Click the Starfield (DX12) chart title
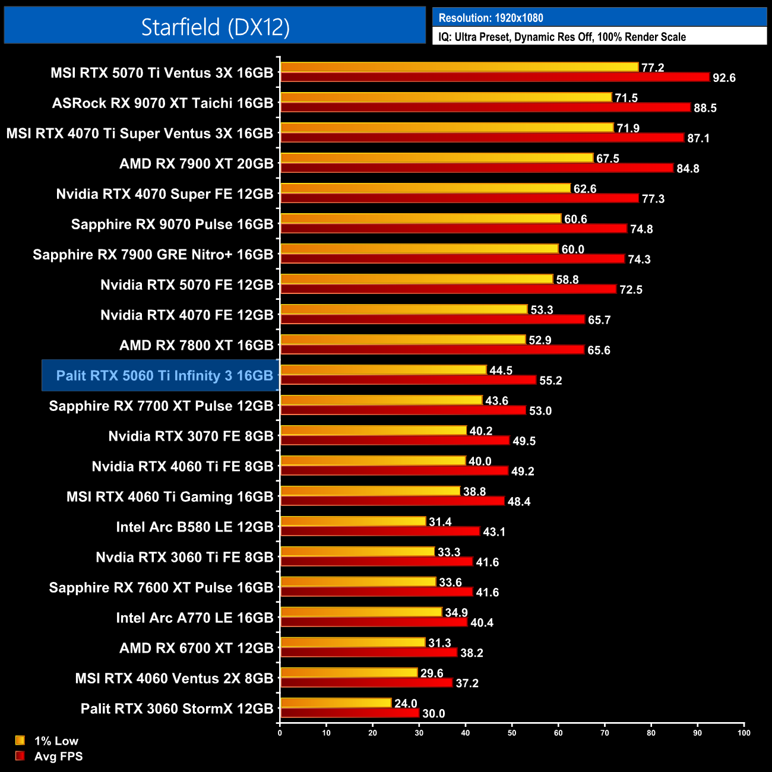click(x=215, y=27)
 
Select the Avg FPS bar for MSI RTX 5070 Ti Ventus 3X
click(x=495, y=77)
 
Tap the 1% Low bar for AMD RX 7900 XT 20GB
click(x=436, y=158)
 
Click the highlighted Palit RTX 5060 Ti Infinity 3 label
click(x=164, y=375)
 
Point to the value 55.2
click(x=550, y=381)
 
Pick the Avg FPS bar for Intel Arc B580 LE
click(x=380, y=531)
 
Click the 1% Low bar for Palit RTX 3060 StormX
click(x=336, y=703)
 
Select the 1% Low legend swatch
click(x=20, y=741)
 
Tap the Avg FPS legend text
click(x=58, y=757)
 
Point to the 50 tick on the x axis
click(x=512, y=733)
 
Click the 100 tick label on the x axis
click(x=743, y=733)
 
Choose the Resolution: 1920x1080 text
click(x=491, y=18)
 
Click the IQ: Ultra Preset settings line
click(x=562, y=37)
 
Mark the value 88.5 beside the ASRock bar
click(x=705, y=108)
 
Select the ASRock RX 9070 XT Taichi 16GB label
click(x=163, y=103)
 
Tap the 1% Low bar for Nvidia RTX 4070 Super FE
click(x=425, y=188)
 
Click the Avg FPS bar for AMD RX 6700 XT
click(x=369, y=653)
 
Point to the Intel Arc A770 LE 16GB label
click(x=194, y=618)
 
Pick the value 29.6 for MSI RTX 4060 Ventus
click(x=432, y=673)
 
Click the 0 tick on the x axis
click(x=280, y=733)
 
